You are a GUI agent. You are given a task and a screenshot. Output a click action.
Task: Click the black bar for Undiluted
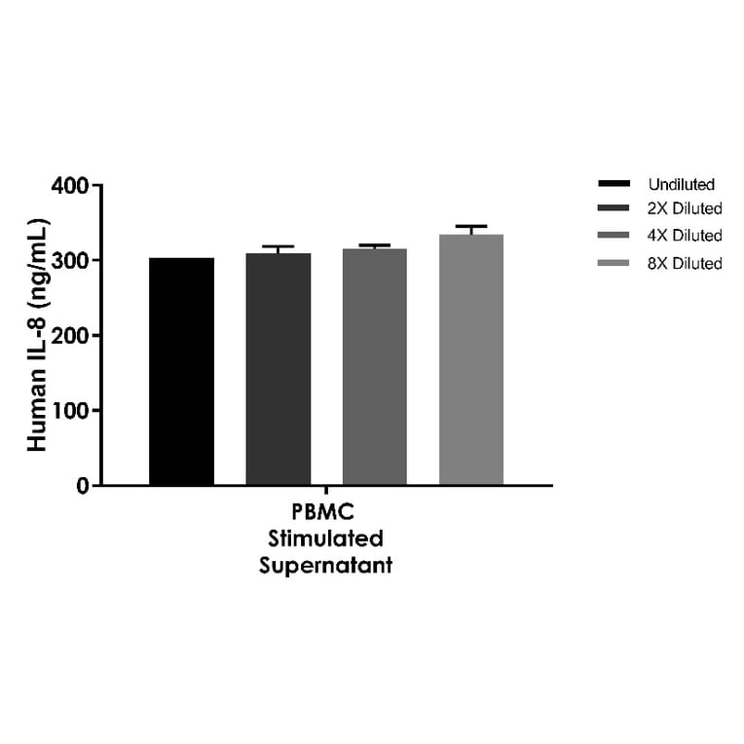pos(181,371)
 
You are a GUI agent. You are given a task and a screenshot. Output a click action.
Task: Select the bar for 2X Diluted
pos(278,369)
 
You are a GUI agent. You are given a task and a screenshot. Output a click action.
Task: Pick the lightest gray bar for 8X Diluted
pos(470,359)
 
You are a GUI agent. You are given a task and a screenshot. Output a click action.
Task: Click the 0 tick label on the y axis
pos(82,486)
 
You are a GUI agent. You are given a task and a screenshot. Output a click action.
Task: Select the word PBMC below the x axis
pos(325,513)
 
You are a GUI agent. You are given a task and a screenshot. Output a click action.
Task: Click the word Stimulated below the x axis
pos(325,539)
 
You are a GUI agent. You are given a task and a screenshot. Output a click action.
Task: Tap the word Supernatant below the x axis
pos(325,566)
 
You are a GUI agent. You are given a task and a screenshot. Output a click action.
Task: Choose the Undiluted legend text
pos(681,184)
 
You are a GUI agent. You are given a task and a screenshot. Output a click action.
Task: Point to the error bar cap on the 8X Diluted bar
pos(470,226)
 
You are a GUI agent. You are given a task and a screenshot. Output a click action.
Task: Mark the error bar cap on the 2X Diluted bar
pos(278,246)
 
